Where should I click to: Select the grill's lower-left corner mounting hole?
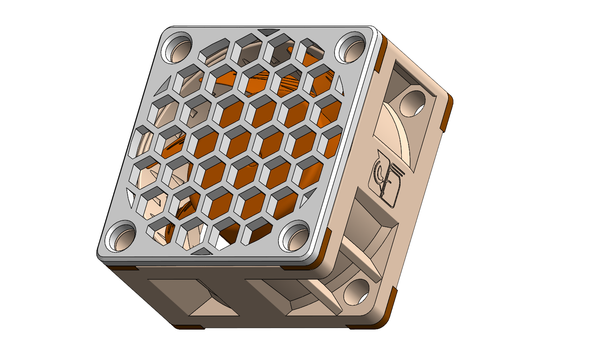122,238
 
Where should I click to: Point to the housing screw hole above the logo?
412,104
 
